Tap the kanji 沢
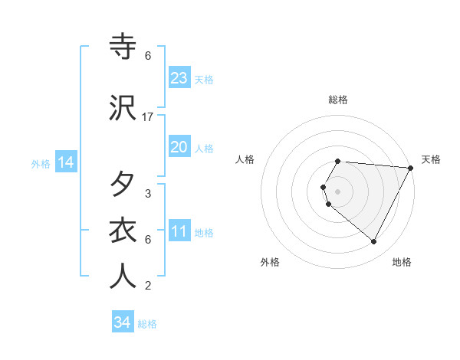[x=123, y=107]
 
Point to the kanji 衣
[x=123, y=231]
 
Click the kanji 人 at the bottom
[x=123, y=277]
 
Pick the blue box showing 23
[x=179, y=78]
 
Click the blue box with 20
[x=179, y=147]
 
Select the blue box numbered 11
[x=179, y=232]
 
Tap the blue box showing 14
[x=65, y=162]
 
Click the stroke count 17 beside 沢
[x=147, y=116]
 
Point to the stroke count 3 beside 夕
[x=147, y=194]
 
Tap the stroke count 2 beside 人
[x=147, y=286]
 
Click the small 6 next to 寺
[x=147, y=56]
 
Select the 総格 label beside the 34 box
[x=147, y=324]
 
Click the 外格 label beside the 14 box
[x=41, y=163]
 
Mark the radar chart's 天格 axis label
[x=431, y=159]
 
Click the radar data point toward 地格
[x=374, y=242]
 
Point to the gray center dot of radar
[x=337, y=191]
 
